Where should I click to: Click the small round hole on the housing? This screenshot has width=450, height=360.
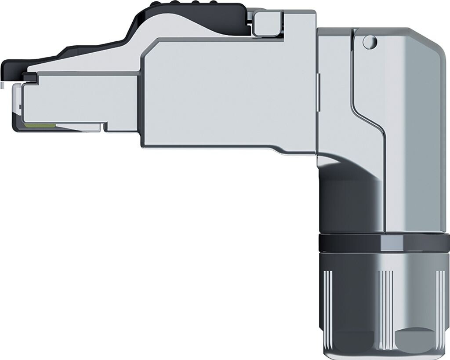[369, 42]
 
